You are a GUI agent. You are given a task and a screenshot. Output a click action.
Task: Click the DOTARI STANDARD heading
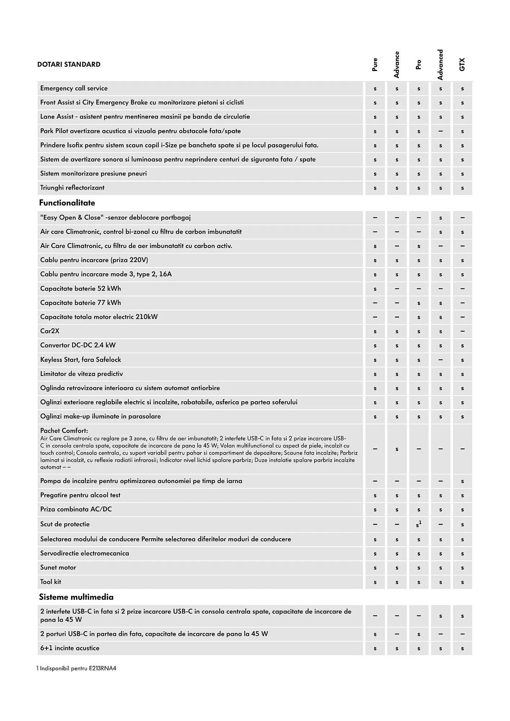tap(69, 65)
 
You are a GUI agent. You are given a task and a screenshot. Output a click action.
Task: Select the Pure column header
tap(375, 65)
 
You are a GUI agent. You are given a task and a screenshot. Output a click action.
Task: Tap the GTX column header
tap(462, 65)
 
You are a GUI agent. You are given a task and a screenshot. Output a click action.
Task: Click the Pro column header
tap(418, 65)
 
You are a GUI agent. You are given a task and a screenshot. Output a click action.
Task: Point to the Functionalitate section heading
tap(67, 203)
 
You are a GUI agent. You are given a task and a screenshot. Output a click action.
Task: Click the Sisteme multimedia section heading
tap(76, 597)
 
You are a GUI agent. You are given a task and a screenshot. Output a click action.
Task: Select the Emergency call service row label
tap(74, 88)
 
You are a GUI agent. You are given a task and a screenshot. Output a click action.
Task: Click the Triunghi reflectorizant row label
tap(72, 188)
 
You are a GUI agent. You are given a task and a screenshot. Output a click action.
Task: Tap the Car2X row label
tap(50, 331)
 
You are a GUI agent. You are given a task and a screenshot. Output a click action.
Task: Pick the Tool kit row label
tap(50, 582)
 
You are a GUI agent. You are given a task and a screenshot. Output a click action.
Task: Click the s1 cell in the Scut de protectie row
tap(419, 525)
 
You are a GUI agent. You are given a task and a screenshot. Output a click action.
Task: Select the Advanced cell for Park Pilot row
tap(440, 131)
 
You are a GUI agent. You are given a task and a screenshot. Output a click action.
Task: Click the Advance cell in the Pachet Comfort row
tap(397, 449)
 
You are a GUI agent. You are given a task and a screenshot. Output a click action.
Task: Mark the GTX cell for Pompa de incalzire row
tap(462, 481)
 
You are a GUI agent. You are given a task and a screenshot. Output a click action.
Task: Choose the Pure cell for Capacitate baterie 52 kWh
tap(375, 289)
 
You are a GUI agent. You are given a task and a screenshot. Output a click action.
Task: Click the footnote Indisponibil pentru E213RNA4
tap(76, 669)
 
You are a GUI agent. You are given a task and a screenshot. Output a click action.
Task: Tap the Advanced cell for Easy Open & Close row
tap(440, 218)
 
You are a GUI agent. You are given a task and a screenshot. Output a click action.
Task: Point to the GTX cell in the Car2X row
tap(462, 331)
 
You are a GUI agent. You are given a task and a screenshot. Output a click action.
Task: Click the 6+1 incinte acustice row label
tap(70, 648)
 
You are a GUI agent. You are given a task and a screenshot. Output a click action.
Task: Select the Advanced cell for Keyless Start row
tap(440, 360)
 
